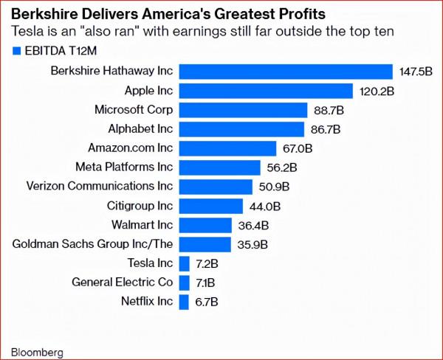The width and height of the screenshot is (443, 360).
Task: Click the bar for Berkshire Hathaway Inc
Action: point(286,72)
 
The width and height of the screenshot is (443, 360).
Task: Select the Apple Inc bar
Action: point(266,91)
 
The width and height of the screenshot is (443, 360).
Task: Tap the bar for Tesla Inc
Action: point(185,263)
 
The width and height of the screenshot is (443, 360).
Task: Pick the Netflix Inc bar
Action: point(185,301)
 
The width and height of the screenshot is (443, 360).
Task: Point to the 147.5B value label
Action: point(416,72)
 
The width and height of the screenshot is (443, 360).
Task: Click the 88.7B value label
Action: point(330,110)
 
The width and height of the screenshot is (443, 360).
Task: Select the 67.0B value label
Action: point(298,148)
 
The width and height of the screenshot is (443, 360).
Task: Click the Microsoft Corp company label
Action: point(134,110)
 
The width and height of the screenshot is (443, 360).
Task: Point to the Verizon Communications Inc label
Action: point(99,187)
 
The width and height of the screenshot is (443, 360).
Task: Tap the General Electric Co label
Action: point(122,282)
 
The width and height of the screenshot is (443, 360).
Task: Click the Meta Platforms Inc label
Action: point(124,167)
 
